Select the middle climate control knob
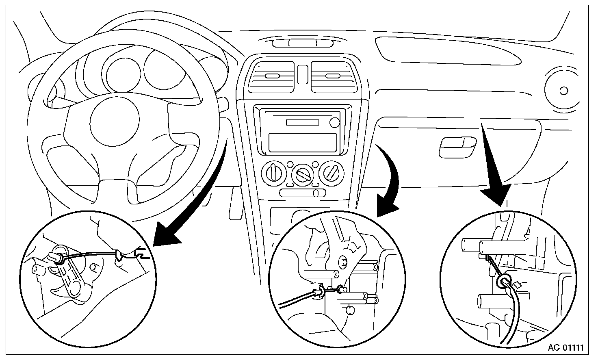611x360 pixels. pos(302,175)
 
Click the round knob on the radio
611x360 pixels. pos(334,122)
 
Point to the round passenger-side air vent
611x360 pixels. pos(563,90)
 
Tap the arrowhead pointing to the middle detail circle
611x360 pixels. pos(388,208)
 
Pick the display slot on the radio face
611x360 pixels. pos(302,122)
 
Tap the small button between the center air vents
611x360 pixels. pos(302,74)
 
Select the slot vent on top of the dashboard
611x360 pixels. pos(302,43)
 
